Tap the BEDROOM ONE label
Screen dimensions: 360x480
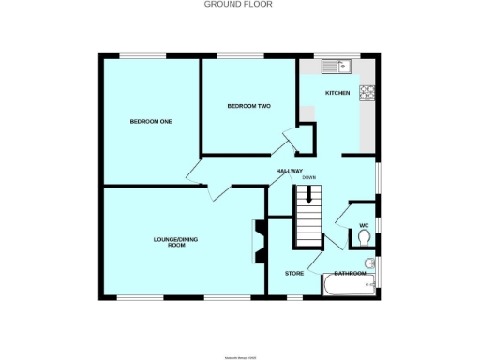[x=151, y=121]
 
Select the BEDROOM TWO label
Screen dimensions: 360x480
[x=249, y=106]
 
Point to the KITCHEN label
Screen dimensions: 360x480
[x=337, y=93]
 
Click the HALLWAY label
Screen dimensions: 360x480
[x=289, y=171]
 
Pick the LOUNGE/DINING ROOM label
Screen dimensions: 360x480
[x=176, y=242]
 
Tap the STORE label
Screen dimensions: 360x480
[x=294, y=273]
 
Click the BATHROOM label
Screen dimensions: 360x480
[x=352, y=273]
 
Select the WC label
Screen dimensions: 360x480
[x=365, y=225]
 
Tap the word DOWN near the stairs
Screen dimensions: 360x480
[x=308, y=178]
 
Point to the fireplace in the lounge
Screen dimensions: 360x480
[x=257, y=241]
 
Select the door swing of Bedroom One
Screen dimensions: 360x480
[x=196, y=172]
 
